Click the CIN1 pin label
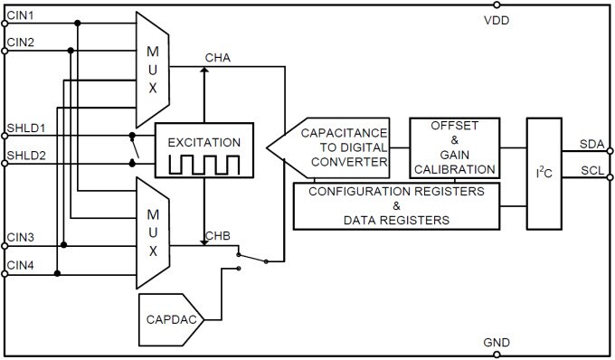click(21, 15)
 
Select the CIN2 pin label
click(21, 43)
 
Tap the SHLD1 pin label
click(25, 128)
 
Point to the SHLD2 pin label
click(25, 156)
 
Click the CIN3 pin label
click(21, 238)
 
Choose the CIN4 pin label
click(21, 265)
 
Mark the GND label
click(497, 343)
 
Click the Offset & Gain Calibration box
click(453, 147)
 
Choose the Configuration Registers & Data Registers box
click(396, 205)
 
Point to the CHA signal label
click(219, 58)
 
